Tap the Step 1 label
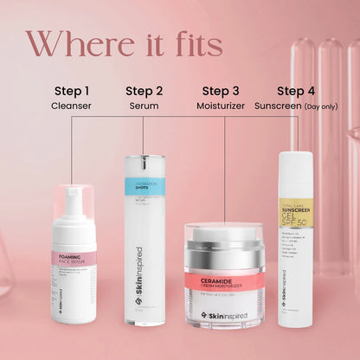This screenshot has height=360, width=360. coord(72,90)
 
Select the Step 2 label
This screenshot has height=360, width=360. coord(144,90)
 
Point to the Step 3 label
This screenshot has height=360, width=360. coord(221,90)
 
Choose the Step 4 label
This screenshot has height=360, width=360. coord(295,90)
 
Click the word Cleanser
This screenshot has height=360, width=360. coord(72,106)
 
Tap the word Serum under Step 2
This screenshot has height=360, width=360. coord(144,106)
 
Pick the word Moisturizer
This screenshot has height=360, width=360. coord(221,106)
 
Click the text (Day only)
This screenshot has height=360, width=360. coord(323,106)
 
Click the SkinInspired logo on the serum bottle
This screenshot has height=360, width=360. coord(144,286)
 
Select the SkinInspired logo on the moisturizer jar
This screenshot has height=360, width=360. coord(224,316)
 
